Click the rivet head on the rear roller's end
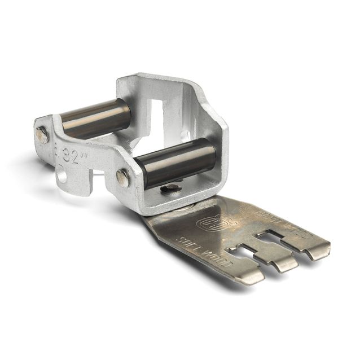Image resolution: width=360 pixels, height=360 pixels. click(x=42, y=135)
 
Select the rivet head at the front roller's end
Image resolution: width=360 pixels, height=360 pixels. click(x=122, y=177)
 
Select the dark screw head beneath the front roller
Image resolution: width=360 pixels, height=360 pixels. click(x=172, y=188)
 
